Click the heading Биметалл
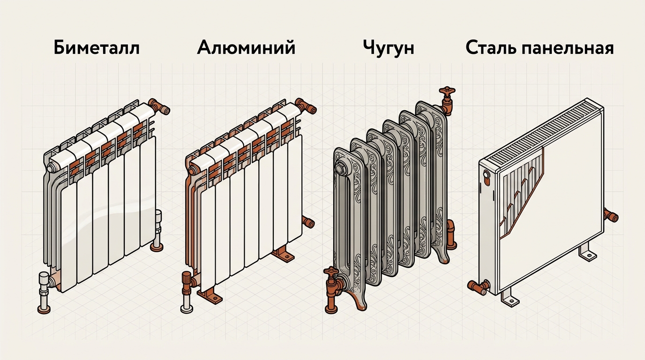(97, 48)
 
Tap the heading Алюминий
(246, 48)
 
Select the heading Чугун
(388, 49)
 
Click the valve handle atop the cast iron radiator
(447, 92)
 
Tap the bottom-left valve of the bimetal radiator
(45, 291)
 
